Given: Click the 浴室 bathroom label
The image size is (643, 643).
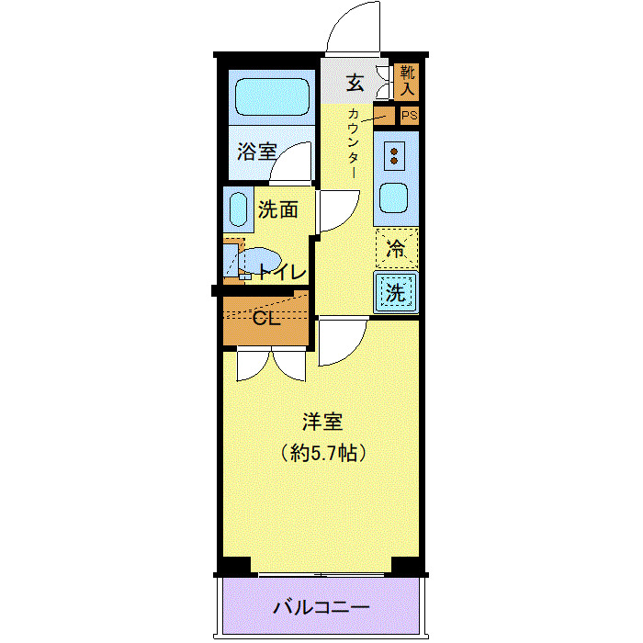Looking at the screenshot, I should click(256, 152).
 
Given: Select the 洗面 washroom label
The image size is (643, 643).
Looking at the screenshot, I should click(277, 209).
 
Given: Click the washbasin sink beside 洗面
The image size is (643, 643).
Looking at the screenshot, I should click(239, 210).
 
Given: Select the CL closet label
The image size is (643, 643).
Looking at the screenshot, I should click(266, 319).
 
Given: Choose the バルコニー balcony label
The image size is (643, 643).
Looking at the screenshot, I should click(321, 608).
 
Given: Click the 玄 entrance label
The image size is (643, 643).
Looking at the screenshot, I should click(355, 83).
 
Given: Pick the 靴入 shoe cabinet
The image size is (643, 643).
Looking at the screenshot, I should click(407, 81).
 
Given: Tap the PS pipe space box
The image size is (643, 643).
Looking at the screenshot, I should click(409, 116).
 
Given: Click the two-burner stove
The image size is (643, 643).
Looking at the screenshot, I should click(396, 155).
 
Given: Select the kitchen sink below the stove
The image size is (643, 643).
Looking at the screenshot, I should click(396, 197).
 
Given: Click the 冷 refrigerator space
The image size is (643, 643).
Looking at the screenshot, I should click(396, 247).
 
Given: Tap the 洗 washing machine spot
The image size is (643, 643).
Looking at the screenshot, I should click(396, 294).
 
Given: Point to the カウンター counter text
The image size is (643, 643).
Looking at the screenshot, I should click(354, 142).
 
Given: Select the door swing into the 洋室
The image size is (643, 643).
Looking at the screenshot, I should click(343, 343).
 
